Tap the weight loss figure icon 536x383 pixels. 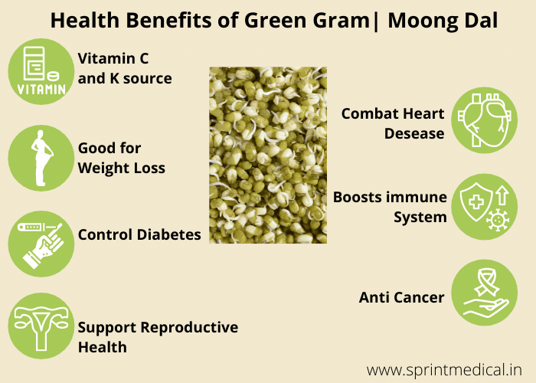(40, 158)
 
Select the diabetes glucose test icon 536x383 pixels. (40, 244)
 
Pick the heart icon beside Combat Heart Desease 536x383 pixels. (483, 119)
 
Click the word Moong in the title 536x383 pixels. (419, 21)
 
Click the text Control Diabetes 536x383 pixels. (139, 234)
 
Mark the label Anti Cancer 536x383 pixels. (402, 297)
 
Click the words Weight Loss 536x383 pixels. (121, 168)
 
